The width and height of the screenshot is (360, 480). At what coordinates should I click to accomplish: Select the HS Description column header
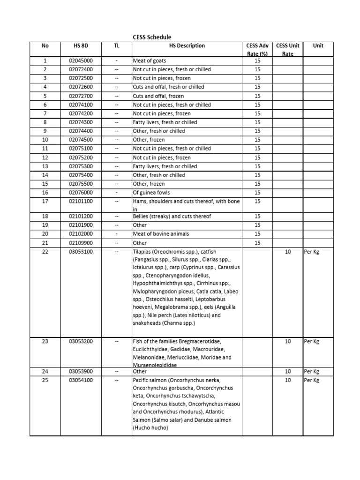point(187,46)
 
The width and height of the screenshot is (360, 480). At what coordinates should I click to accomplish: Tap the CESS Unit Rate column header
point(288,50)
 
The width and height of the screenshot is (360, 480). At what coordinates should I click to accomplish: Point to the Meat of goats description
point(150,60)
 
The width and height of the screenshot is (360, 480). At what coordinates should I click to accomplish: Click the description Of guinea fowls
point(151,193)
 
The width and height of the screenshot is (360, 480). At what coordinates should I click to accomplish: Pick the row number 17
point(45,201)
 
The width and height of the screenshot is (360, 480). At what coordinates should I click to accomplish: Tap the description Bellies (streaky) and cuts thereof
point(172,217)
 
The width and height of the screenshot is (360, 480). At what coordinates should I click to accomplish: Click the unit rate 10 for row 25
point(288,380)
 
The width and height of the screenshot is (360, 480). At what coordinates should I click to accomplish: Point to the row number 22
point(45,252)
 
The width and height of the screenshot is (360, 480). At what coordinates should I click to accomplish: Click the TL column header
point(117,46)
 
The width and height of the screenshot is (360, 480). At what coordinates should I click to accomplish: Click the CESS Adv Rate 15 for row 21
point(257,243)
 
